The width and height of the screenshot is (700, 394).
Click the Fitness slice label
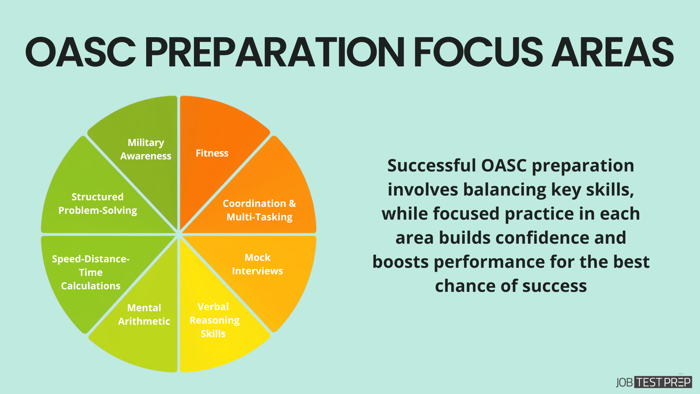click(x=212, y=153)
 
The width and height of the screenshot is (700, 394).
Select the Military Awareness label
click(x=145, y=149)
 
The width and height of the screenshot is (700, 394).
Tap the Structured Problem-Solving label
click(x=97, y=204)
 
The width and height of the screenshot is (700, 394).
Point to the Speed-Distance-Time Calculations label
click(x=90, y=273)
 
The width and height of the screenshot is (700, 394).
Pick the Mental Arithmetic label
click(x=144, y=314)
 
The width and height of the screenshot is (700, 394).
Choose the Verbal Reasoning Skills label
click(x=214, y=320)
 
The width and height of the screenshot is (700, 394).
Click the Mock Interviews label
click(x=257, y=264)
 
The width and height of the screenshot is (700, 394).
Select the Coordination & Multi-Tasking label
click(x=259, y=210)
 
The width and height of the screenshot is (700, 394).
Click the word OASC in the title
click(x=80, y=53)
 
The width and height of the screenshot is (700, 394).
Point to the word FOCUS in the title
click(x=478, y=53)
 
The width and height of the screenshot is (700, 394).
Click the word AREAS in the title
click(x=612, y=53)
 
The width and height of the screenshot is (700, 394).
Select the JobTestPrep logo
click(x=654, y=382)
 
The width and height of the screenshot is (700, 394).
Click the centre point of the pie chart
click(x=179, y=234)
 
